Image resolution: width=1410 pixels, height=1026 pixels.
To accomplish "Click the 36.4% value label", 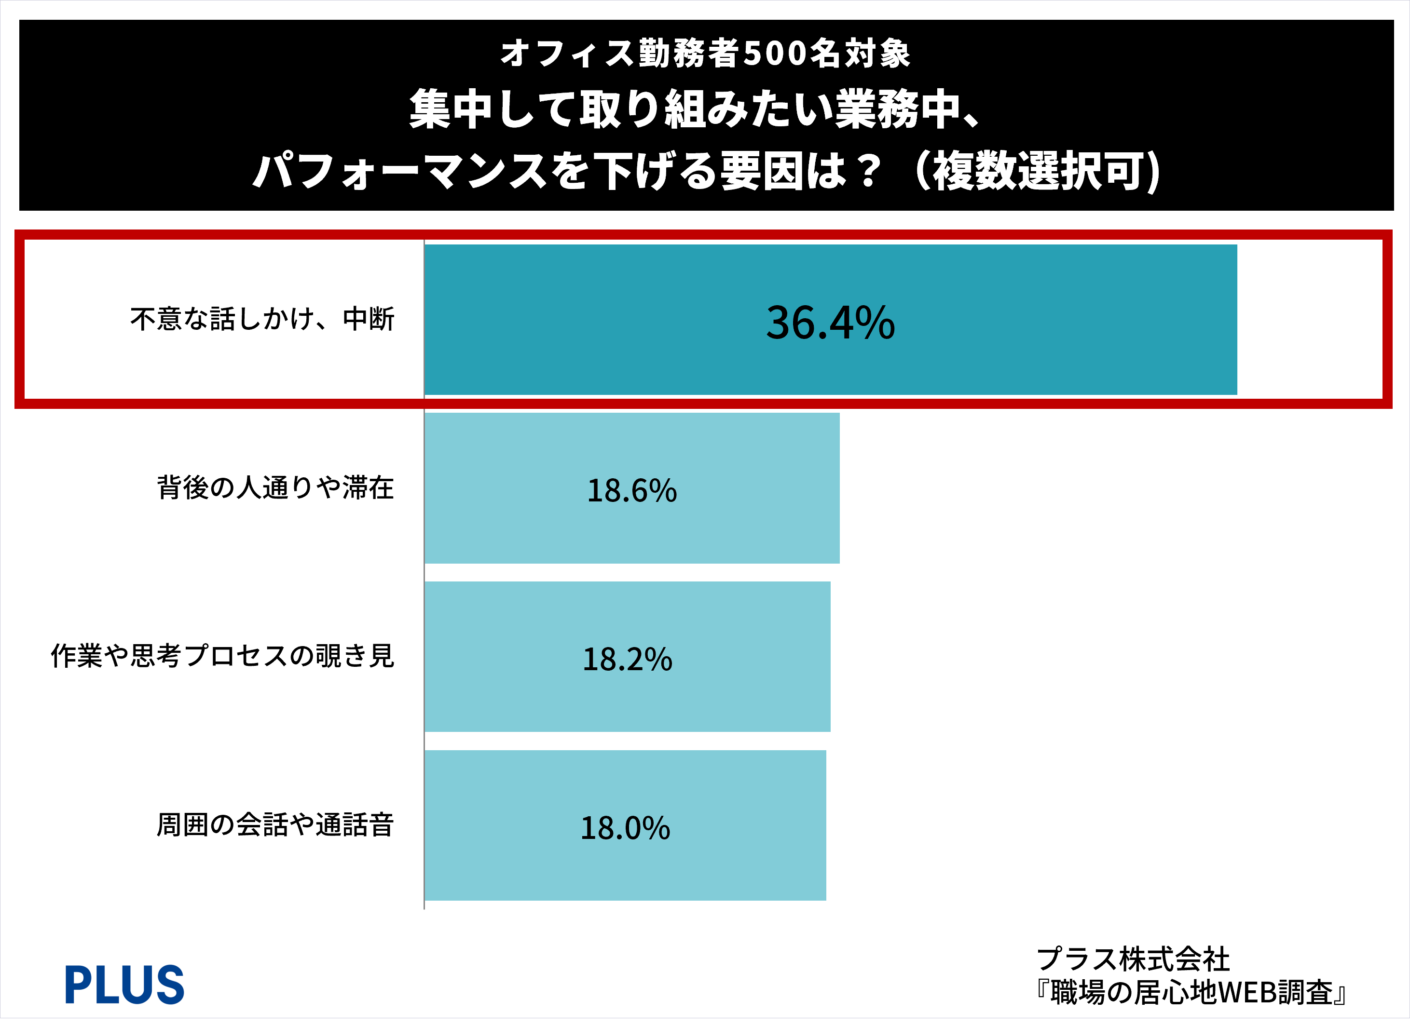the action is pos(831,323).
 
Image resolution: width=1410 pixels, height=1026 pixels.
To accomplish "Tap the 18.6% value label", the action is pos(631,490).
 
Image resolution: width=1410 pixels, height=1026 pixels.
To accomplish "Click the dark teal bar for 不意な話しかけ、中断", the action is pos(831,320).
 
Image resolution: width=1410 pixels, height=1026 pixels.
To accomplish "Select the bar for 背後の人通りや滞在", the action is pos(631,488).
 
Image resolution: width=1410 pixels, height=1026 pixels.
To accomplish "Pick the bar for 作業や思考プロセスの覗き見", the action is pos(627,657).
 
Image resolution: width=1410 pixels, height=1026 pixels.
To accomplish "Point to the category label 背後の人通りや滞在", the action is pos(275,488).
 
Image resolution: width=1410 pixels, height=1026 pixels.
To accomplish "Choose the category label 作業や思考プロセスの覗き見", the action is pos(222,656).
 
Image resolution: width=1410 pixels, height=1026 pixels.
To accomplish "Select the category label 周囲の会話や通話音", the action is pos(275,825).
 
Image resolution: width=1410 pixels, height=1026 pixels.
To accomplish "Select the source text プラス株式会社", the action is pos(1133,959).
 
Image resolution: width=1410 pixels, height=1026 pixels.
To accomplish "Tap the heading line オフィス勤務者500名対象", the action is pos(706,53).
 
